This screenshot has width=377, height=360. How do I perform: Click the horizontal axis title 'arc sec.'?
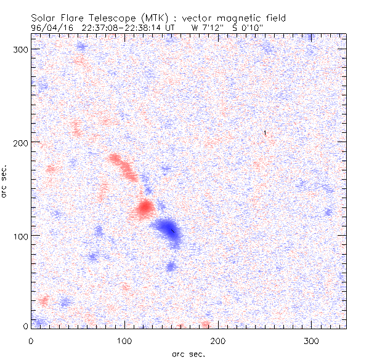click(x=188, y=353)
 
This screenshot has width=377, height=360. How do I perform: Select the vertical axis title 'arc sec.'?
click(x=5, y=181)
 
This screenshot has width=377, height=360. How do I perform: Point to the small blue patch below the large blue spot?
click(x=171, y=266)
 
